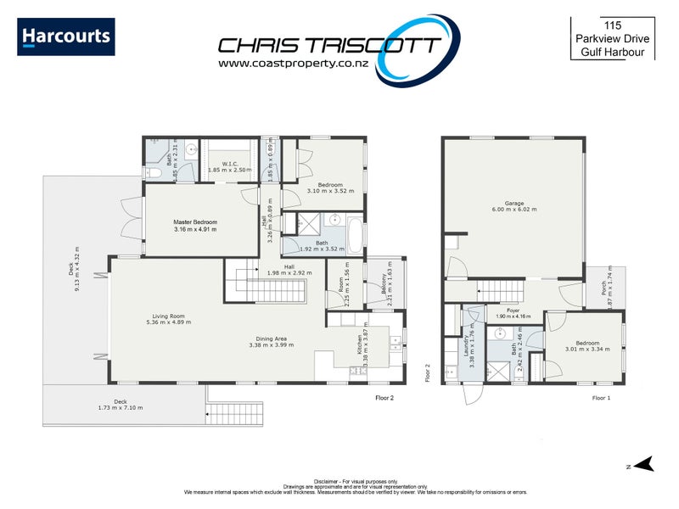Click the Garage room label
coord(514,204)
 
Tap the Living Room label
coord(164,316)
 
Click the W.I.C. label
coord(229,164)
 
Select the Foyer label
coord(513,310)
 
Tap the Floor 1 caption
coord(601,397)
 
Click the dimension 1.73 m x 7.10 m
coord(120,408)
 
